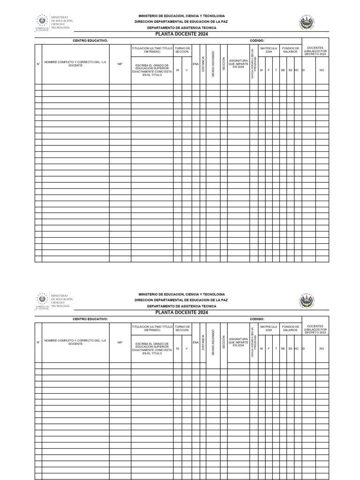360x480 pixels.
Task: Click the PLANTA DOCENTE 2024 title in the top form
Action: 181,34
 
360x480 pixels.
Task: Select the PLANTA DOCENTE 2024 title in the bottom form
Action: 181,312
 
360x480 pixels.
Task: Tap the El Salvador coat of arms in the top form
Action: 307,22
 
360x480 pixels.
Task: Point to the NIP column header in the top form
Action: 120,64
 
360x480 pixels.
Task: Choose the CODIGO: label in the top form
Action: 257,41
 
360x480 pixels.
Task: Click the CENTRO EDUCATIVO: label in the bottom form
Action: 90,319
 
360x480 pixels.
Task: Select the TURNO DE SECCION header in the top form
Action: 182,50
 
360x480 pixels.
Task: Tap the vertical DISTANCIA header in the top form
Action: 203,64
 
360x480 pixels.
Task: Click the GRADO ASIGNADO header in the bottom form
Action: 213,342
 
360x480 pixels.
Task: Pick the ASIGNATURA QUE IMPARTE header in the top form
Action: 238,64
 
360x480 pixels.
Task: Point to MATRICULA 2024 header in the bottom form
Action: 269,328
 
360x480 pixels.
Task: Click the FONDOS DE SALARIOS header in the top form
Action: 290,50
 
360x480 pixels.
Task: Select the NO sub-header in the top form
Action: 322,70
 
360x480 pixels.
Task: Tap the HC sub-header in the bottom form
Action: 297,348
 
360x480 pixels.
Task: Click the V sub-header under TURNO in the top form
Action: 186,70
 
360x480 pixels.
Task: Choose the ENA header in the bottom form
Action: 195,342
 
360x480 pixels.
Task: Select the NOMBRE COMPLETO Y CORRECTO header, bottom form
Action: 75,342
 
